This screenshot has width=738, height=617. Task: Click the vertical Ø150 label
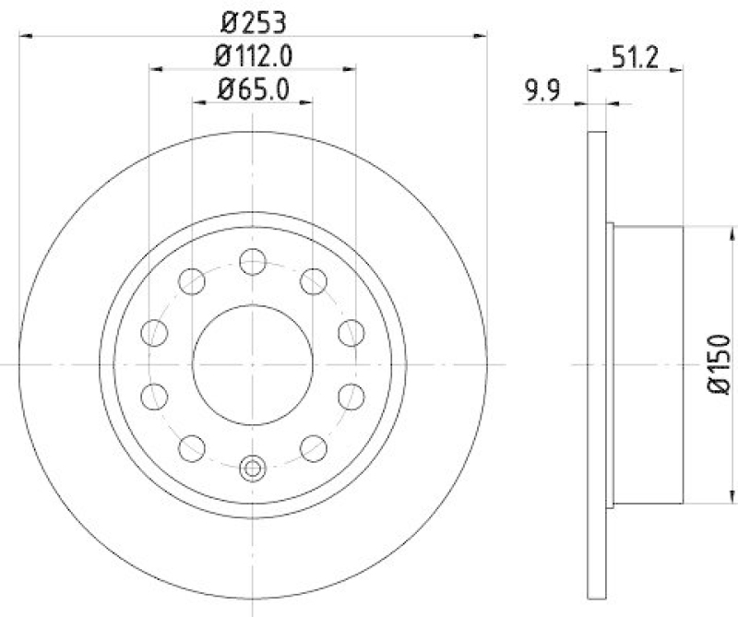pyautogui.click(x=720, y=365)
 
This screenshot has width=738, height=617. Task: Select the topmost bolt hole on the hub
pyautogui.click(x=252, y=262)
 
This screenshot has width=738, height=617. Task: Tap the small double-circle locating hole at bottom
pyautogui.click(x=252, y=469)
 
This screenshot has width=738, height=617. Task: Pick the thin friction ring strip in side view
pyautogui.click(x=596, y=365)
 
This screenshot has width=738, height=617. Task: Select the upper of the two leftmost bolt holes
pyautogui.click(x=155, y=332)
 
